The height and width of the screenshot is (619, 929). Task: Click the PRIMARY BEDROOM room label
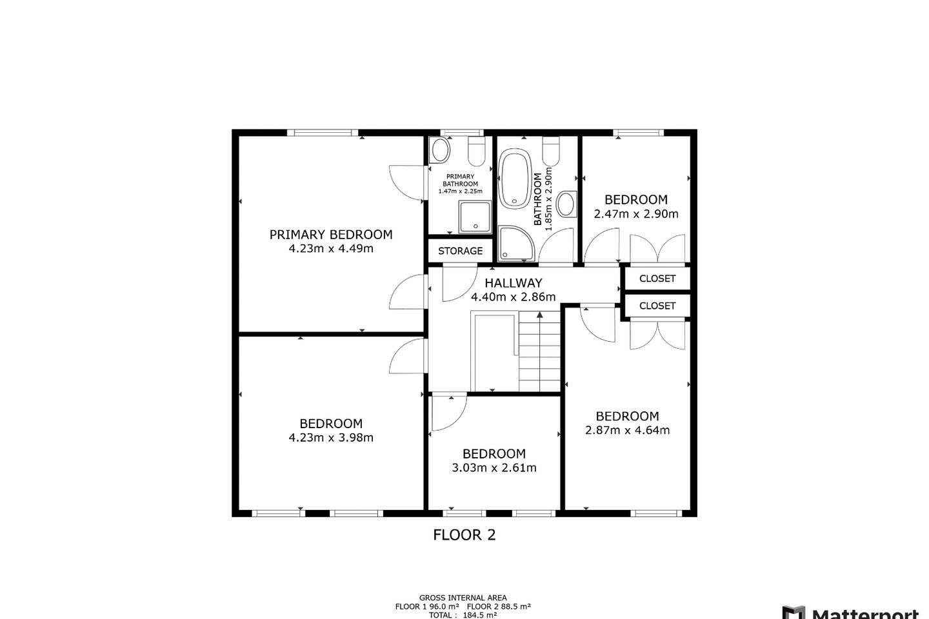(331, 234)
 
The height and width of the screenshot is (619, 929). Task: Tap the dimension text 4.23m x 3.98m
(331, 438)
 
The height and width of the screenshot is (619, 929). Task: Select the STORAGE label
(460, 251)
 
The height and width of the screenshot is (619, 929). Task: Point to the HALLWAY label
(513, 282)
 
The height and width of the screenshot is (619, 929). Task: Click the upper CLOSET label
(657, 279)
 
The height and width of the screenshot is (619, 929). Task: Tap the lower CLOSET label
(657, 306)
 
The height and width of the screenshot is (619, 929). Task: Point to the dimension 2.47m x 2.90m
(635, 214)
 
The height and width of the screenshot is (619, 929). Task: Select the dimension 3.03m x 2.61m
(494, 468)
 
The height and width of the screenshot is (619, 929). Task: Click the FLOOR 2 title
(464, 535)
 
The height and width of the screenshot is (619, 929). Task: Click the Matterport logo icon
(793, 613)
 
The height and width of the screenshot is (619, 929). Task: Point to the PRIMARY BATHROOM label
(460, 180)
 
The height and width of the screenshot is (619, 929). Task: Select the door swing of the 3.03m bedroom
(448, 413)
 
